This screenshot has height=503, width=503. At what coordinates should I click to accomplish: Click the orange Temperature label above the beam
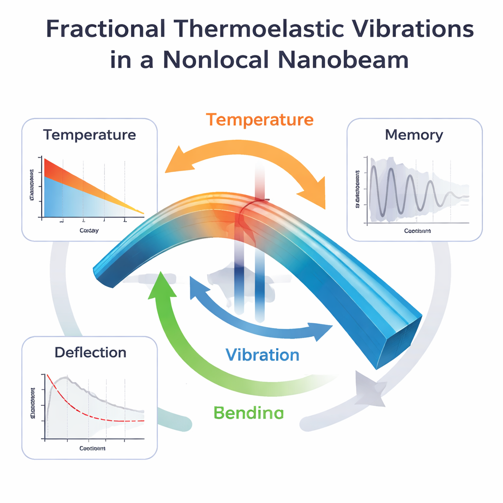pos(259,120)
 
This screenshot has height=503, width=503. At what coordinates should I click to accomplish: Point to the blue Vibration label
pos(262,355)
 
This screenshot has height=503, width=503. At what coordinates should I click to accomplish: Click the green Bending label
pos(249,413)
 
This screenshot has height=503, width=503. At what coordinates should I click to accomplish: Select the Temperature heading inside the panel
pos(89,135)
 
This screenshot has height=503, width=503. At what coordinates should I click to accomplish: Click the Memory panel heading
pos(414,135)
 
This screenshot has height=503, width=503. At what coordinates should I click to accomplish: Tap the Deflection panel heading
pos(90,352)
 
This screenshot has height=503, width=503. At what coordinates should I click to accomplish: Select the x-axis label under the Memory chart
pos(418,231)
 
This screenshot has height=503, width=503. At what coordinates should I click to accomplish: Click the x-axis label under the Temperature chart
pos(89,231)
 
